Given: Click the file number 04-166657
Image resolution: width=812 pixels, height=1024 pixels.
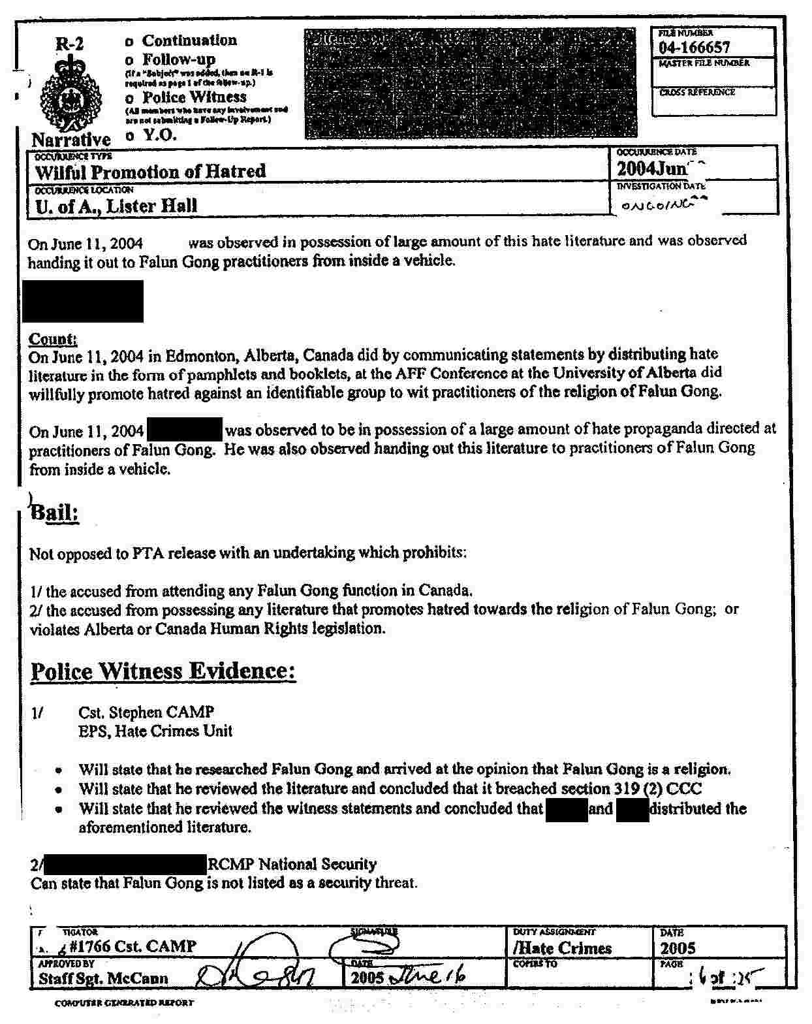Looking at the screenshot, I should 695,48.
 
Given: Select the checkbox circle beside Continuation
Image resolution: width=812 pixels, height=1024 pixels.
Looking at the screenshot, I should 129,41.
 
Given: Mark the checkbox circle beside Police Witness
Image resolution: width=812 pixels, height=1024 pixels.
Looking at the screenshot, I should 129,98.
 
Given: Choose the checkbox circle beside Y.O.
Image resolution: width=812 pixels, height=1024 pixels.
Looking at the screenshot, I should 129,136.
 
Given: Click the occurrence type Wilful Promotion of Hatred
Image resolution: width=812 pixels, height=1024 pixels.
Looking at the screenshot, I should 150,172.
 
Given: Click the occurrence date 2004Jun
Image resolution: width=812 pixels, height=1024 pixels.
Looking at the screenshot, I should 651,168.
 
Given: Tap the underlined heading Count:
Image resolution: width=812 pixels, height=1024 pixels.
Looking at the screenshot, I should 53,339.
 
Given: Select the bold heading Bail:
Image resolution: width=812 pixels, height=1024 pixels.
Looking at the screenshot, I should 55,513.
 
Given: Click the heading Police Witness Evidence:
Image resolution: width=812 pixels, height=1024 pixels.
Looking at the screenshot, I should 163,671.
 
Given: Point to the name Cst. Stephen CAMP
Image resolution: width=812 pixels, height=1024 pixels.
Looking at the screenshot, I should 146,712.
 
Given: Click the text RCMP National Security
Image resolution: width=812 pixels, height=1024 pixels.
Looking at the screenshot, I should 292,865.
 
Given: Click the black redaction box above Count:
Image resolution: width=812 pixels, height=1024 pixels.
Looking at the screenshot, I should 83,301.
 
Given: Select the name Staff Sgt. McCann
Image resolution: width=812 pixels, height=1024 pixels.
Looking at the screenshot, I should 103,978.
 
